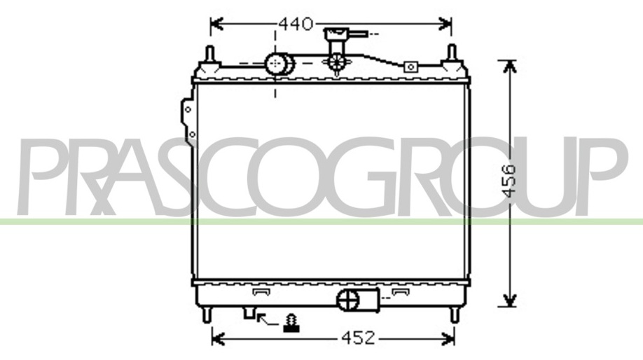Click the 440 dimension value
pyautogui.click(x=296, y=25)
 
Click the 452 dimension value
pyautogui.click(x=358, y=338)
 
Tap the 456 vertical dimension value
pyautogui.click(x=509, y=181)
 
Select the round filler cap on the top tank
pyautogui.click(x=279, y=64)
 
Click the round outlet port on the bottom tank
pyautogui.click(x=347, y=300)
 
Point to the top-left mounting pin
pyautogui.click(x=210, y=54)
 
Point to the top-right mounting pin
pyautogui.click(x=452, y=54)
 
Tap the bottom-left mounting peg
pyautogui.click(x=207, y=315)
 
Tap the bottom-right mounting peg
pyautogui.click(x=454, y=315)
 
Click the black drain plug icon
pyautogui.click(x=291, y=323)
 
